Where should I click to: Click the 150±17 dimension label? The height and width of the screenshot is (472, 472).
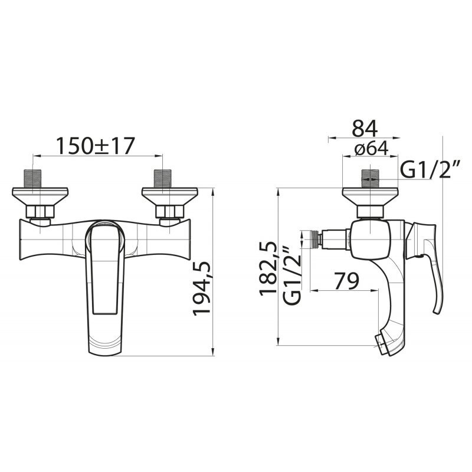pos(95,146)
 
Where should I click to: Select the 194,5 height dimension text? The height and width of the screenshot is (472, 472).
pos(202,289)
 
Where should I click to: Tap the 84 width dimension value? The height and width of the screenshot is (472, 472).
pos(365,128)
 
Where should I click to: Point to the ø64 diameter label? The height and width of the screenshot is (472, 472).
pos(371,148)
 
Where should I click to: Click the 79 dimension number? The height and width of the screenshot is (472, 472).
pos(347,281)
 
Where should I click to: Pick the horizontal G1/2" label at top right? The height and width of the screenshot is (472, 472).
pos(431,170)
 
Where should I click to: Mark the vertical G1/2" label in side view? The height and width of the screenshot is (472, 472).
pos(291,276)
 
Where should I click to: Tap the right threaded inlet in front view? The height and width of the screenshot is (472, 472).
pos(162,179)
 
